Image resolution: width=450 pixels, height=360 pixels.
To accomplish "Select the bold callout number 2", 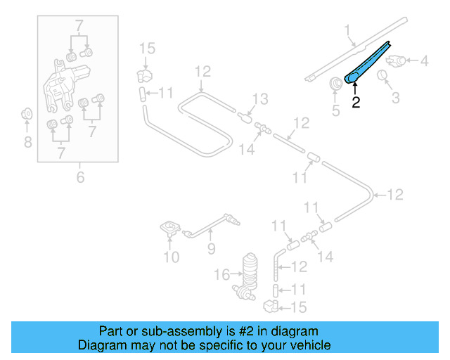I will tap(356, 103).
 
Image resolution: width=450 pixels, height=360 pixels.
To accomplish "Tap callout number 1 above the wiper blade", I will tap(347, 30).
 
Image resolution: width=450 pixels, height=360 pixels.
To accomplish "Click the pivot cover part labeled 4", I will tap(397, 61).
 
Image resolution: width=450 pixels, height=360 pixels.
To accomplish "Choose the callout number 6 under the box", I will tap(79, 178).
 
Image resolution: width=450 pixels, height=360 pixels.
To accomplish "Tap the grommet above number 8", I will tap(27, 113).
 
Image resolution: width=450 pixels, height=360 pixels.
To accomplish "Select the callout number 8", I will tap(27, 143).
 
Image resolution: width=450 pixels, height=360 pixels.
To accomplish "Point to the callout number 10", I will tap(172, 257).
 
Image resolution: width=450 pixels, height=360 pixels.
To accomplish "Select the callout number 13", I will tap(259, 98).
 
